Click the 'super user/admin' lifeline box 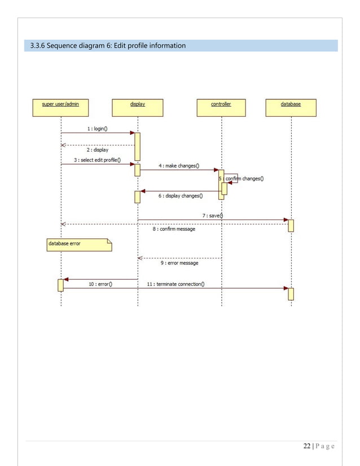(x=60, y=108)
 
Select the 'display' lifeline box (x=138, y=108)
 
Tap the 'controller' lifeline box (x=221, y=108)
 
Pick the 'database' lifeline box (x=291, y=108)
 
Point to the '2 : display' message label (x=98, y=150)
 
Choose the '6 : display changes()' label (x=180, y=196)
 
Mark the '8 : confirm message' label (x=174, y=229)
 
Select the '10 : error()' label (x=100, y=284)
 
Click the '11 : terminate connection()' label (x=175, y=284)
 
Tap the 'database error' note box (x=78, y=244)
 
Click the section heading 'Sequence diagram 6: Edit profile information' (x=108, y=45)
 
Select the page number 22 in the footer (x=306, y=447)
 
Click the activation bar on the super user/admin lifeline (x=61, y=285)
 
